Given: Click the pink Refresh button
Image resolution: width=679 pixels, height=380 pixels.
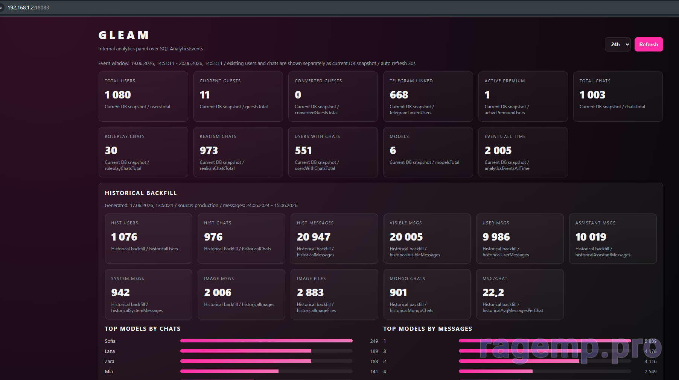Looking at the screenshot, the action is [649, 44].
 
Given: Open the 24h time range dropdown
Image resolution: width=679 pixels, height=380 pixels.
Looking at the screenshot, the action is [618, 44].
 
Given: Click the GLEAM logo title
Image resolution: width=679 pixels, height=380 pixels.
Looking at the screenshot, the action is [123, 35].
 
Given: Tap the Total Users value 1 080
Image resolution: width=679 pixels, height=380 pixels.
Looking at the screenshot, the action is [118, 95].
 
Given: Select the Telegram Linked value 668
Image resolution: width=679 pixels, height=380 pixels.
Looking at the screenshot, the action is [399, 95].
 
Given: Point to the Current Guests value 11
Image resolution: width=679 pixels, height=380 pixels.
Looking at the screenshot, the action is [204, 95].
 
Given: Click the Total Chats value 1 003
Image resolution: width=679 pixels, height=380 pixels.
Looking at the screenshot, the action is [592, 95].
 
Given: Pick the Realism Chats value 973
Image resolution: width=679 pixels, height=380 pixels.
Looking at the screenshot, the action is [209, 150].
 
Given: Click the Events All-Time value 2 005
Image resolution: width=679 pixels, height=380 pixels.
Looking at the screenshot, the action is [498, 150].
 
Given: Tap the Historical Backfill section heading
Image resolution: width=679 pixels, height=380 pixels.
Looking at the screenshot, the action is [141, 193].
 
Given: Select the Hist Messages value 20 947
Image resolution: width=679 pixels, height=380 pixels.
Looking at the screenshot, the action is [314, 237].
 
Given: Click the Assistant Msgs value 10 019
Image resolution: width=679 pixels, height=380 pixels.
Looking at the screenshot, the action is [591, 237].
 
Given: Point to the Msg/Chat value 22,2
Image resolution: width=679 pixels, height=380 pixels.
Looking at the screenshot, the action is [493, 292].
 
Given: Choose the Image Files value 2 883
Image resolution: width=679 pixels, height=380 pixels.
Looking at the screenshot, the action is [310, 292].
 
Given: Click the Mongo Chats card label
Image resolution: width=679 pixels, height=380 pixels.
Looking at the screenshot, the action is [407, 279].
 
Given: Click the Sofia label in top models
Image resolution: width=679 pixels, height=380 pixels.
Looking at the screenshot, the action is [110, 341].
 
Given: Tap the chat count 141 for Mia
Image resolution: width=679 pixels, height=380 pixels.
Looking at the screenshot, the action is [374, 372].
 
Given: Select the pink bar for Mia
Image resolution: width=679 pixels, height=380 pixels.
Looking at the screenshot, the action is [229, 371].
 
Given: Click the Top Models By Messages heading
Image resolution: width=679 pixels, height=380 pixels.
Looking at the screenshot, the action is [428, 329].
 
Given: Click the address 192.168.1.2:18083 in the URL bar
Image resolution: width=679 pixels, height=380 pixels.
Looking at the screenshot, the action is [28, 8].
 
